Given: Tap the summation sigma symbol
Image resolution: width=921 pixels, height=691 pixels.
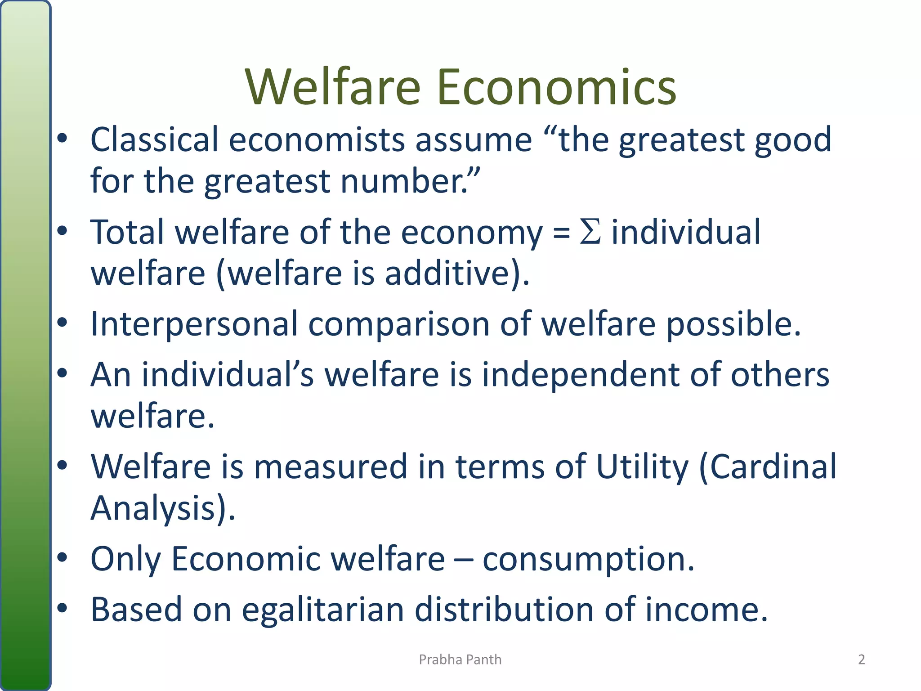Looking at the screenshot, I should [590, 232].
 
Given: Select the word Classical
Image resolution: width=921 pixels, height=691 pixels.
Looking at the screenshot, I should [154, 139].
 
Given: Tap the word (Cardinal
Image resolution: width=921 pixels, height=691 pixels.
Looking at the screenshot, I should [768, 467].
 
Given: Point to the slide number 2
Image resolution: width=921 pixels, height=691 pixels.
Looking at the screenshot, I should [861, 660].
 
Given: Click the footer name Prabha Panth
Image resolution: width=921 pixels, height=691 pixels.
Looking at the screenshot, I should [460, 660].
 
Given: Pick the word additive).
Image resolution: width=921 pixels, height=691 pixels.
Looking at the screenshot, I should [457, 274].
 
